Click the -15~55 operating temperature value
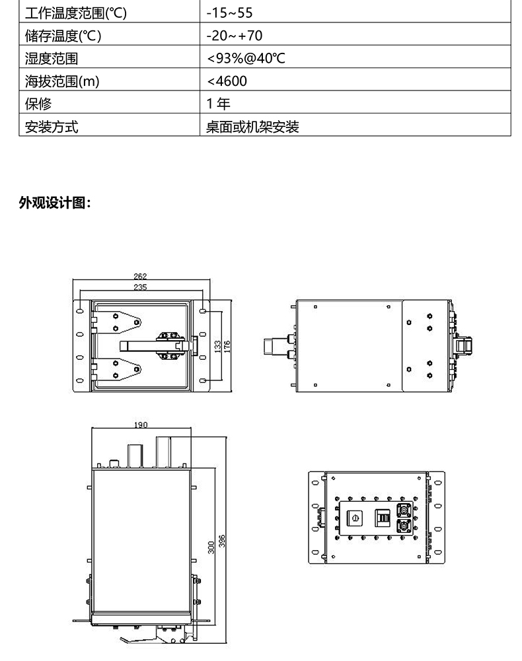pyautogui.click(x=229, y=13)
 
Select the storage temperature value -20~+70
pyautogui.click(x=235, y=36)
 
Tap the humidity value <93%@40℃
pyautogui.click(x=246, y=58)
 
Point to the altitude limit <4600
pyautogui.click(x=227, y=81)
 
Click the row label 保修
pyautogui.click(x=38, y=104)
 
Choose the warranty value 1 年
pyautogui.click(x=218, y=104)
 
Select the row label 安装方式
pyautogui.click(x=52, y=127)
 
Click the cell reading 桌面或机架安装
pyautogui.click(x=252, y=127)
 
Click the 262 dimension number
pyautogui.click(x=140, y=277)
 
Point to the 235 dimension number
pyautogui.click(x=140, y=287)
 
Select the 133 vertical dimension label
pyautogui.click(x=218, y=347)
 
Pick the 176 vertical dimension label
pyautogui.click(x=227, y=347)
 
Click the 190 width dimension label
pyautogui.click(x=141, y=425)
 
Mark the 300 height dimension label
pyautogui.click(x=211, y=547)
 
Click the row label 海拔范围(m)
pyautogui.click(x=62, y=81)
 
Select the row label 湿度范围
pyautogui.click(x=52, y=58)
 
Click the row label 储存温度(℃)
pyautogui.click(x=63, y=36)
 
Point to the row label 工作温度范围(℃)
pyautogui.click(x=75, y=13)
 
